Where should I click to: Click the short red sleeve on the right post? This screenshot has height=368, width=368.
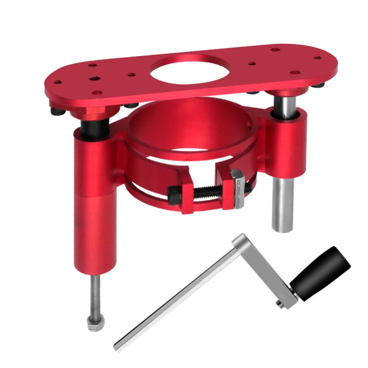[288, 144]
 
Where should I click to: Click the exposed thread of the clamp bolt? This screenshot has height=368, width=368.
[206, 191]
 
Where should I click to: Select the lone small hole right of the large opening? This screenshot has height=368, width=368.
[252, 64]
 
